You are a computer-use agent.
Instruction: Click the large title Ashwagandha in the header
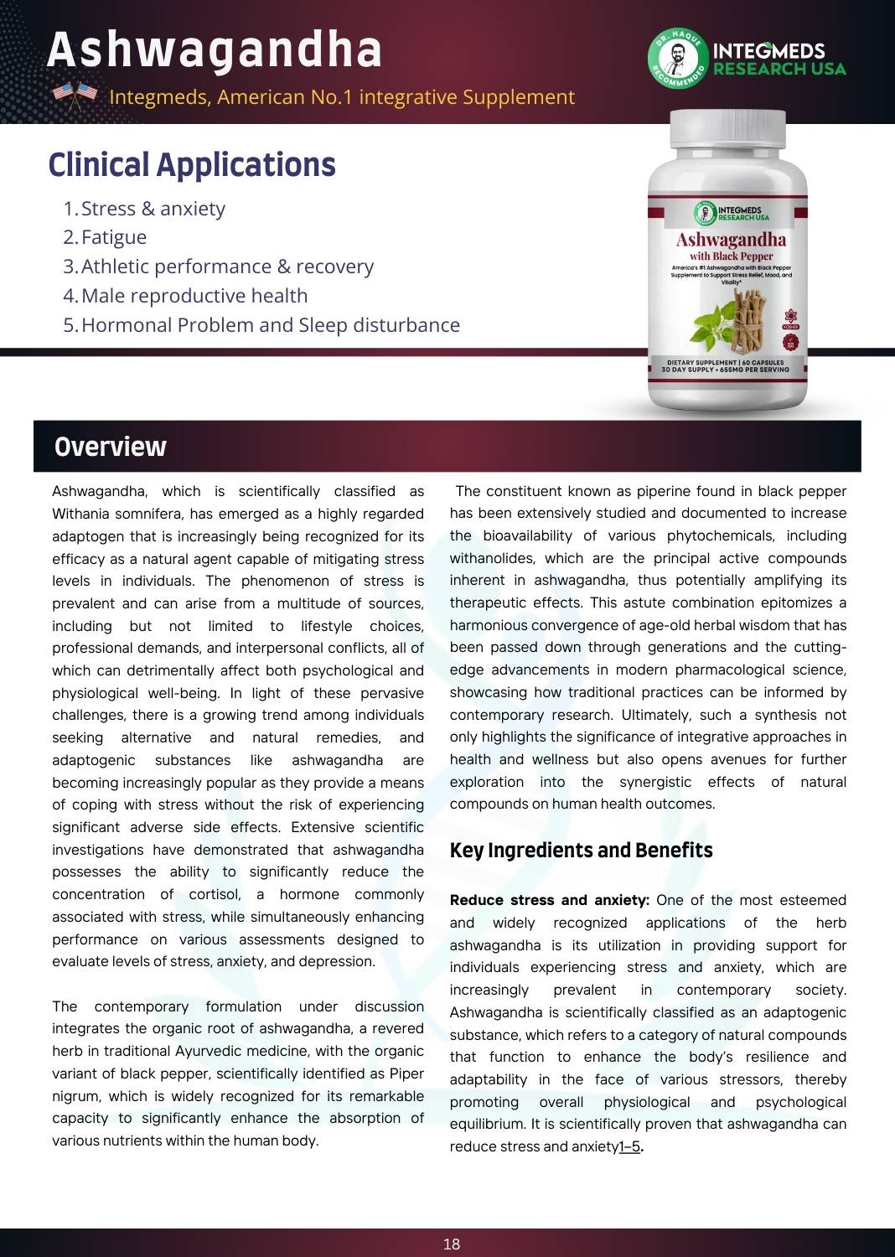(x=215, y=50)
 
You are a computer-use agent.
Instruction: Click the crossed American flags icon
(x=75, y=96)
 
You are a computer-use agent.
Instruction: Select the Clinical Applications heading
(x=192, y=165)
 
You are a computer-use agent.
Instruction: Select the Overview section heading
(x=111, y=447)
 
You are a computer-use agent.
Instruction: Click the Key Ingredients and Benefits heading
(x=581, y=851)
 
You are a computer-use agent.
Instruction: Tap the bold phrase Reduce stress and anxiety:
(x=549, y=900)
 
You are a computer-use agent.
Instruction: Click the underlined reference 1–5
(x=629, y=1146)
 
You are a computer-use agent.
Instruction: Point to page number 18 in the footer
(x=452, y=1244)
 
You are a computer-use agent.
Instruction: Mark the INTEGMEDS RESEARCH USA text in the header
(x=779, y=59)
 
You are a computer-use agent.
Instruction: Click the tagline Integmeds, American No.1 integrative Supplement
(x=342, y=97)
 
